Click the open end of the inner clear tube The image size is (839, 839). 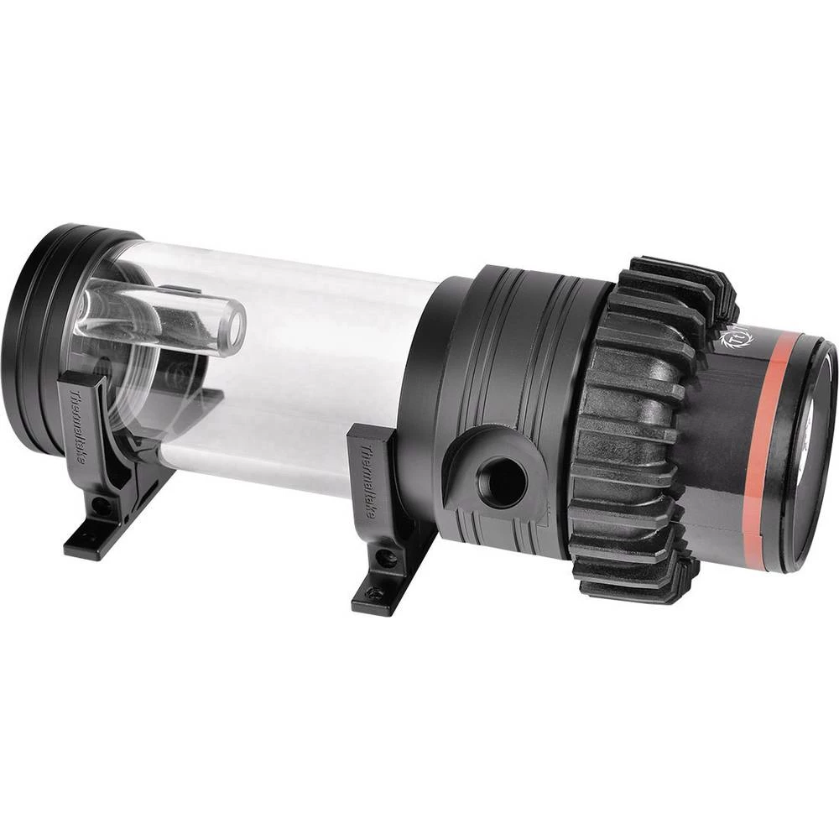232,325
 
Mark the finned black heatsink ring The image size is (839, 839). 638,428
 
